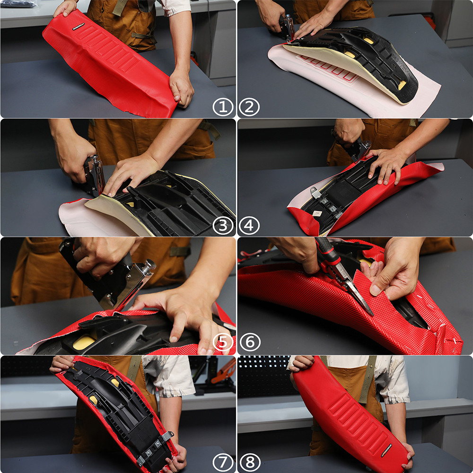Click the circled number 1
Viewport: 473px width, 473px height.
223,107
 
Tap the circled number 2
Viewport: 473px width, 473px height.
250,107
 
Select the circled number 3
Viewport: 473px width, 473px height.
223,226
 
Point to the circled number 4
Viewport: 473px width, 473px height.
250,226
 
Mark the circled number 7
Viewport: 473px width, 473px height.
223,461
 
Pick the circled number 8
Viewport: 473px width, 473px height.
250,461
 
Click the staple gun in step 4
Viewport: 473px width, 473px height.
357,149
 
